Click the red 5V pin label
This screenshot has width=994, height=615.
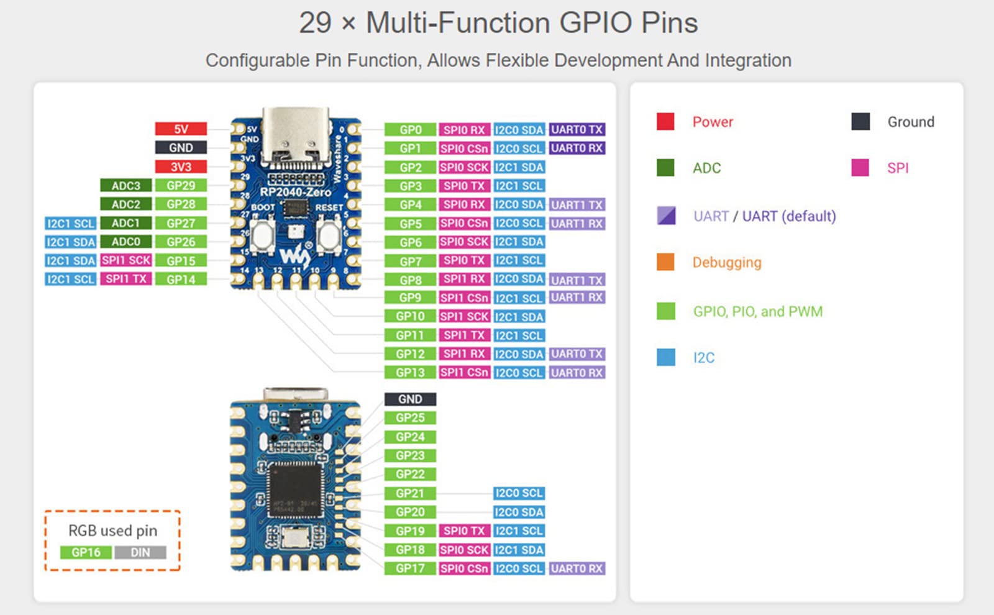click(181, 129)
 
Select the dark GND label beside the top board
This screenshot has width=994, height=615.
click(181, 148)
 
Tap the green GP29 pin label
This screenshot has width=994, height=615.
click(181, 186)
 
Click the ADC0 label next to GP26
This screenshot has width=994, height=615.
click(126, 242)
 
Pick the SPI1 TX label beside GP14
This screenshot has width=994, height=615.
click(126, 279)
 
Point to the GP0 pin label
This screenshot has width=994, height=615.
click(410, 130)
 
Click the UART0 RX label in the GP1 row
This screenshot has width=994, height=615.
click(577, 148)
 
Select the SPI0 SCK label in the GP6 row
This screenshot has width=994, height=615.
click(464, 242)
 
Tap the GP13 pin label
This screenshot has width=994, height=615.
click(410, 373)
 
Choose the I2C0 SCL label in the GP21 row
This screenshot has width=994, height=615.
click(519, 493)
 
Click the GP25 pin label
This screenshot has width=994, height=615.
click(410, 418)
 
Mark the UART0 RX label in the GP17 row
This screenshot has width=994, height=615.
click(577, 568)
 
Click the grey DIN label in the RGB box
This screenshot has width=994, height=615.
click(140, 552)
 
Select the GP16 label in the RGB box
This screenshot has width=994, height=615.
click(86, 552)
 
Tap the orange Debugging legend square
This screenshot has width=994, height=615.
click(665, 262)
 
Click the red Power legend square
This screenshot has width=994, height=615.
click(665, 121)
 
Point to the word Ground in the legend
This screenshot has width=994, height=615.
click(910, 122)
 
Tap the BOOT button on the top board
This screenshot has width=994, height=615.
click(263, 235)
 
